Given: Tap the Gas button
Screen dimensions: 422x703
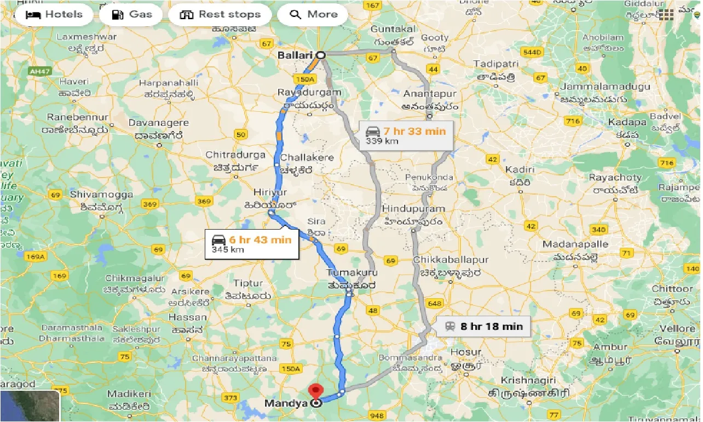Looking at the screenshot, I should coord(131,14).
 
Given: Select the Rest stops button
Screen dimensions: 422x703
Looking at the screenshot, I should coord(220,14).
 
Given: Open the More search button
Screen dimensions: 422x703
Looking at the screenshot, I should coord(312,14).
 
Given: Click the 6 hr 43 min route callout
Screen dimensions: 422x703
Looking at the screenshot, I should coord(252,244).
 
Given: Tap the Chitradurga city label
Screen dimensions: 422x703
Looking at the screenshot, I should coord(235,155).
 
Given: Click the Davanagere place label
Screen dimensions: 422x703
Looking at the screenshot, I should coord(158,123).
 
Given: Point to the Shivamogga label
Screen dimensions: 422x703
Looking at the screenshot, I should coord(101,195).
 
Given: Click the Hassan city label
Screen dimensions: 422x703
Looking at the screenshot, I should coord(188,317).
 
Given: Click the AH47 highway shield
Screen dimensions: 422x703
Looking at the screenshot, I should coord(39,71).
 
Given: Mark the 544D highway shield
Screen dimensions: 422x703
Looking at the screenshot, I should coord(532,53).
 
